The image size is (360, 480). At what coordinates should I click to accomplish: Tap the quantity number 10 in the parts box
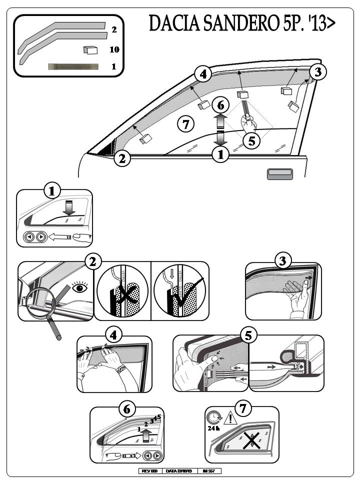click(x=114, y=49)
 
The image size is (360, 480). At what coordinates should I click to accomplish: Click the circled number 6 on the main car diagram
click(x=220, y=105)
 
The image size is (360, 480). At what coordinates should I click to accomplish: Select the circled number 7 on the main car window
click(x=186, y=124)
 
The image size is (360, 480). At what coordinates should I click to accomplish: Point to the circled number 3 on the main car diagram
click(x=318, y=72)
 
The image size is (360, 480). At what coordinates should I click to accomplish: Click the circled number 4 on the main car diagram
click(x=202, y=75)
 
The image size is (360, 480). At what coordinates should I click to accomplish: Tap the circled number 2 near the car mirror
click(x=122, y=159)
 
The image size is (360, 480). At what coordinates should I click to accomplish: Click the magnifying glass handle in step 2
click(x=55, y=327)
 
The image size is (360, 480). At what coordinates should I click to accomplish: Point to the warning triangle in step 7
click(x=229, y=417)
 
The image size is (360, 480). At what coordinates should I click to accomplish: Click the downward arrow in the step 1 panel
click(x=69, y=209)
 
